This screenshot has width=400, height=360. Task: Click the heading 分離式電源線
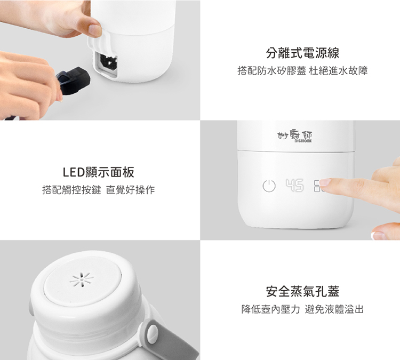(x=302, y=53)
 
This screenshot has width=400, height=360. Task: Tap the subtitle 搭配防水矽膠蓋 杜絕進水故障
(x=302, y=71)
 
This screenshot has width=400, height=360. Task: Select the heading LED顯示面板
(x=99, y=172)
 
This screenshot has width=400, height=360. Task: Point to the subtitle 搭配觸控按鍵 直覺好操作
(x=99, y=190)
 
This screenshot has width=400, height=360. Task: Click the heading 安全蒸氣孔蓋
(x=302, y=292)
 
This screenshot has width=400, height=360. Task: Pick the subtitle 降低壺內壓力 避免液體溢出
(x=302, y=309)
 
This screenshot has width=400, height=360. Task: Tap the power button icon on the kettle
(x=269, y=186)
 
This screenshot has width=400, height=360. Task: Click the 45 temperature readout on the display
(x=294, y=185)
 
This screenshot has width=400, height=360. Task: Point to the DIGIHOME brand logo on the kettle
(x=295, y=137)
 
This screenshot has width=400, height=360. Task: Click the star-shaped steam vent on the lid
(x=82, y=279)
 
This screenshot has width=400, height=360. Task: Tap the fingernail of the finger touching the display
(x=325, y=182)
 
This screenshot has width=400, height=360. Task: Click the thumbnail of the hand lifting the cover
(x=95, y=30)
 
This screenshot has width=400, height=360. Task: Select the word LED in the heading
(x=74, y=172)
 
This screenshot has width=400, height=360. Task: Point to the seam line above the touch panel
(x=296, y=151)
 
